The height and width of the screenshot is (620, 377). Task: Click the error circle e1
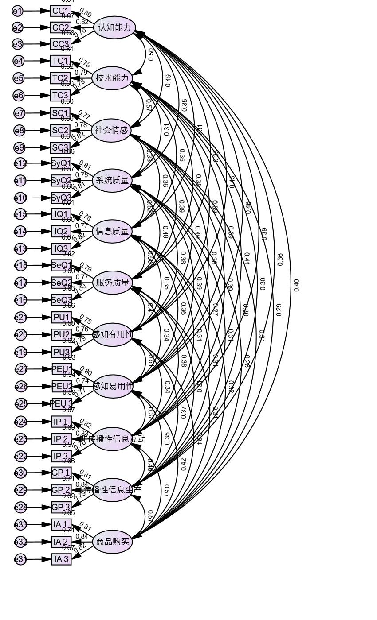(17, 11)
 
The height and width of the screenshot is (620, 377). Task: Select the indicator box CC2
(60, 27)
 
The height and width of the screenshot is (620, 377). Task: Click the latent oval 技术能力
(112, 78)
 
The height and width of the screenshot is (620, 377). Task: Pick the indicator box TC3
(60, 95)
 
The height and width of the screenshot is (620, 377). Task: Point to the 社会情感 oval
(111, 130)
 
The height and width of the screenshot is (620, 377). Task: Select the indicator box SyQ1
(61, 163)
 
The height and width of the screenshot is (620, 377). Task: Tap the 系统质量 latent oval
(112, 181)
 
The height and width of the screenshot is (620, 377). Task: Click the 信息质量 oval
(112, 231)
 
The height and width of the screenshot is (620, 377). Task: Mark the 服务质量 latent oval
(112, 283)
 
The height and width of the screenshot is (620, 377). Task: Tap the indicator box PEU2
(62, 386)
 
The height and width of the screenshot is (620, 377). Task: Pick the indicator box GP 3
(61, 507)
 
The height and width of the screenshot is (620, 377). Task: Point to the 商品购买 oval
(113, 542)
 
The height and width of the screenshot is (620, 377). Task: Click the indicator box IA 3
(61, 559)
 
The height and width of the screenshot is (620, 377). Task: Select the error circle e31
(21, 559)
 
